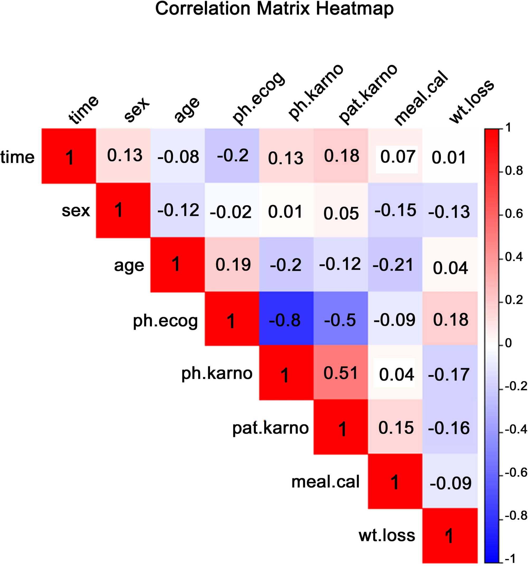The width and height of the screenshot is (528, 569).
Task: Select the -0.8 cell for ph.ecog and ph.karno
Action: point(286,319)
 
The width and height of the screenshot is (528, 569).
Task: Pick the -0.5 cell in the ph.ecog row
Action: point(341,319)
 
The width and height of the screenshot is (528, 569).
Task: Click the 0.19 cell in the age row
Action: point(232,265)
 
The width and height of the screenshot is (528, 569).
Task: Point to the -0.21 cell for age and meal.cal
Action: point(395,265)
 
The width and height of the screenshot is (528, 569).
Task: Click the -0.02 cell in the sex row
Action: point(232,211)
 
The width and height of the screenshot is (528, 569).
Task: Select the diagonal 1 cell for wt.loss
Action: point(450,535)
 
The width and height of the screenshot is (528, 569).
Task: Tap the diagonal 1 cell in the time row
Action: point(69,156)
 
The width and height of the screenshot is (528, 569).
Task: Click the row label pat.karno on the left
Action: point(270,428)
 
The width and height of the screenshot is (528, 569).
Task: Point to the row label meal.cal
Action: point(325,482)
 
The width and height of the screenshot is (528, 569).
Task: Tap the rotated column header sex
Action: point(137,110)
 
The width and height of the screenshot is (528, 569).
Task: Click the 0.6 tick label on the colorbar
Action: point(514,214)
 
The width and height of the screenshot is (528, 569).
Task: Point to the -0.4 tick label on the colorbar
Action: point(515,429)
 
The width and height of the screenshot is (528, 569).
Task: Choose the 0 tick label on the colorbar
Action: point(508,343)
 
